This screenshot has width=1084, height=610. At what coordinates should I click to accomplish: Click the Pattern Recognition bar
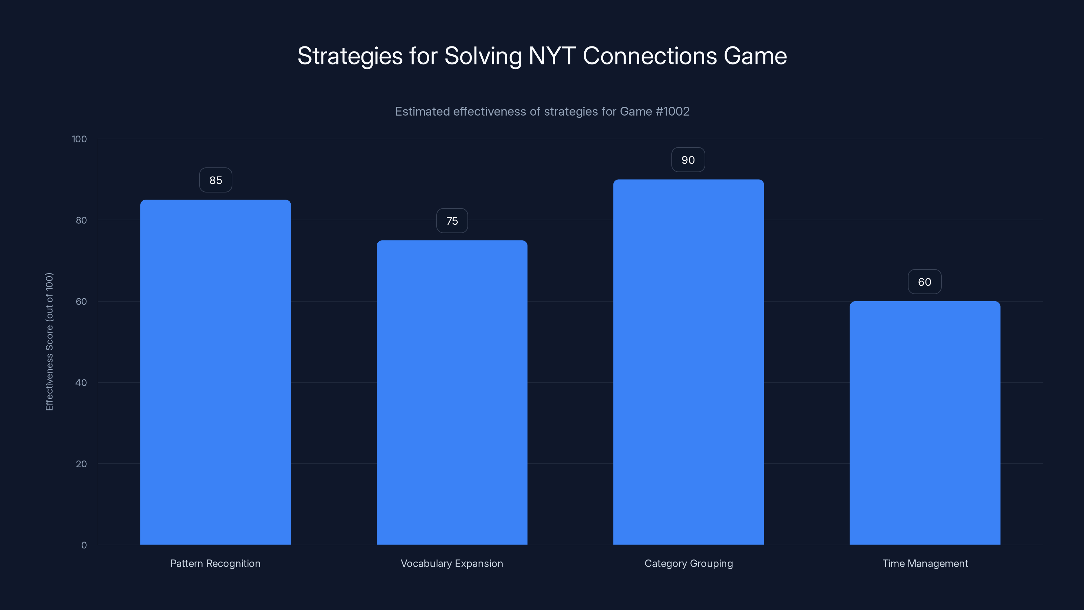[215, 372]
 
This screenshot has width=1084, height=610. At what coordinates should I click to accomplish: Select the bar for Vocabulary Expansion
[452, 392]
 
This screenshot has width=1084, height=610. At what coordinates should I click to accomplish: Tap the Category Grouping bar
[688, 362]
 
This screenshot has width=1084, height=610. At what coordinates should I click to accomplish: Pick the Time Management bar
[925, 423]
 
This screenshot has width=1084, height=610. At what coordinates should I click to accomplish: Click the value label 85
[215, 180]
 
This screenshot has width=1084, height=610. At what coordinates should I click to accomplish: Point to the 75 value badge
[452, 221]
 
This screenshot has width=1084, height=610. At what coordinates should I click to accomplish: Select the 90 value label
[688, 160]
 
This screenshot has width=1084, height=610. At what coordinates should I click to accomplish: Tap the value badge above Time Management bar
[924, 282]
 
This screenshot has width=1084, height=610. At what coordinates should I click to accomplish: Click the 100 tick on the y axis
[79, 139]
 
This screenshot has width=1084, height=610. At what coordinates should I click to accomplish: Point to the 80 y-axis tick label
[81, 220]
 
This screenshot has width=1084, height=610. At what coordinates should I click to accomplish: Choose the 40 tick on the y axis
[81, 383]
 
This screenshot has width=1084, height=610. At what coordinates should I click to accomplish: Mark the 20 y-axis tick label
[81, 464]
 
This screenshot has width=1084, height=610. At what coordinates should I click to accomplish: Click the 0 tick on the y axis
[84, 545]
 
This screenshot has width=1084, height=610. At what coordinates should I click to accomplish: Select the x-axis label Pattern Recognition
[215, 563]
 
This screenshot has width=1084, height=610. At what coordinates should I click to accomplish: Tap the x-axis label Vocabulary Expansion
[452, 563]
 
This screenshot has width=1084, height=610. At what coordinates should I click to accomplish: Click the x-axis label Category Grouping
[688, 563]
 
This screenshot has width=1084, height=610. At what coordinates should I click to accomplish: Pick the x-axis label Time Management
[925, 563]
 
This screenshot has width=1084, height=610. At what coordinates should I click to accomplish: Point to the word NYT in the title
[552, 56]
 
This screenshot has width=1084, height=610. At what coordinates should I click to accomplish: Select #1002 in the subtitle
[672, 111]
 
